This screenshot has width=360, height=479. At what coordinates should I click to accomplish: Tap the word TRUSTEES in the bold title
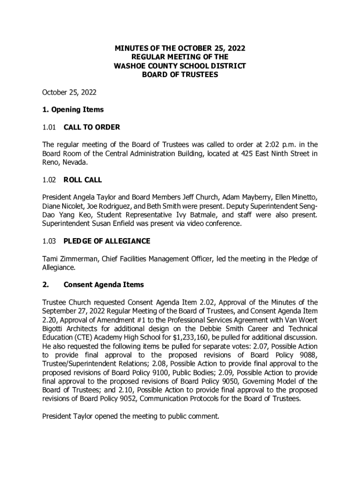(x=199, y=75)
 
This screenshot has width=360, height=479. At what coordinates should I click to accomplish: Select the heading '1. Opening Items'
(x=73, y=110)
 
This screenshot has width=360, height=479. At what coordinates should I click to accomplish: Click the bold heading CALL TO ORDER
(x=92, y=127)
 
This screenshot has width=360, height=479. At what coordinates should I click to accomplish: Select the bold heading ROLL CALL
(x=83, y=180)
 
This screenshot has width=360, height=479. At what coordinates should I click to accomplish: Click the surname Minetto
(x=303, y=197)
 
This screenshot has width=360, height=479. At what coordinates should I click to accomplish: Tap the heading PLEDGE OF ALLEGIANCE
(x=107, y=241)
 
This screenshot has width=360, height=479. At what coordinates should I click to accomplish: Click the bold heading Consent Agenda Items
(x=104, y=285)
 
